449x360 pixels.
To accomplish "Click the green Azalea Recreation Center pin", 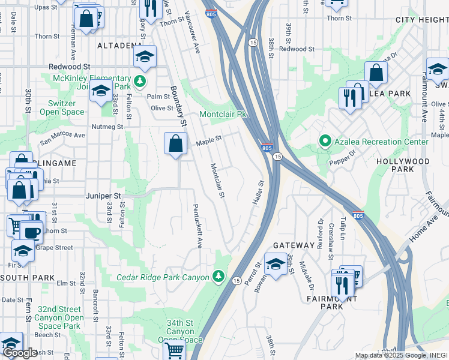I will point(325,141).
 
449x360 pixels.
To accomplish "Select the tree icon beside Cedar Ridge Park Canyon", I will point(219,277).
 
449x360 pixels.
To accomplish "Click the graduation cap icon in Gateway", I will point(275,263).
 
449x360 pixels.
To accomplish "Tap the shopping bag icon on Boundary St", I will point(175,144).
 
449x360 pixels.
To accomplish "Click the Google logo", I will point(20,353).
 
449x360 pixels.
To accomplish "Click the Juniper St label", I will point(104,196).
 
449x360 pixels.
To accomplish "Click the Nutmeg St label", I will point(107,127).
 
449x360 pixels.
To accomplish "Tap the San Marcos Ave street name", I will point(62,139).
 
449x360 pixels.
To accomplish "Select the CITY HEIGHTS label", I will point(422,20).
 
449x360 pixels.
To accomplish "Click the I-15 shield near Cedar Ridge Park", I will point(237,280).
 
